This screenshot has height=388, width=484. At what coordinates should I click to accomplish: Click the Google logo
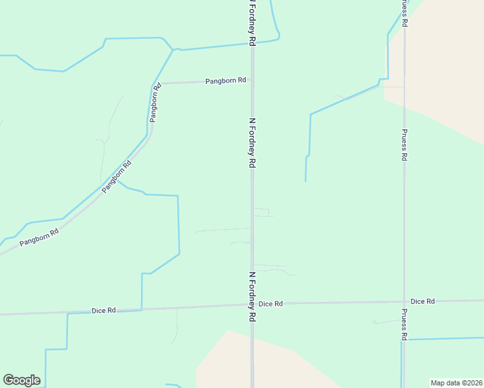point(21,380)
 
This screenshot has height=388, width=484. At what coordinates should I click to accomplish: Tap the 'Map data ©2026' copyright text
point(456,383)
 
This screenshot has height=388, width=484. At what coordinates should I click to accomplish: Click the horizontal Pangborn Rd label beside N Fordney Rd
point(226,81)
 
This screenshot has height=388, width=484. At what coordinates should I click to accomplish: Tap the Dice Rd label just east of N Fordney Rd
point(270,303)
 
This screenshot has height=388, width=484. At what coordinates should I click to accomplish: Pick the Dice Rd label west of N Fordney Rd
point(103,310)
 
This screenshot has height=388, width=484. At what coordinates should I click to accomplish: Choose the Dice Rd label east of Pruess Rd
point(423,301)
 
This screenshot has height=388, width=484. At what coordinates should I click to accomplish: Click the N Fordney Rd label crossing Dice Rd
point(252,297)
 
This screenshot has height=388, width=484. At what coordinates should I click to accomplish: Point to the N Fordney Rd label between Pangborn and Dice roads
point(252,144)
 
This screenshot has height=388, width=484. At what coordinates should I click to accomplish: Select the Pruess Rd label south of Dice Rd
point(404,324)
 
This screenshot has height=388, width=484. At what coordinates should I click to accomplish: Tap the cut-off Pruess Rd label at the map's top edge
point(404,13)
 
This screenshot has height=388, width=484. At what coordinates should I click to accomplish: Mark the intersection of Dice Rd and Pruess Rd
point(404,301)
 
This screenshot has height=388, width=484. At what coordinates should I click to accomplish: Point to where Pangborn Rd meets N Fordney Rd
point(252,82)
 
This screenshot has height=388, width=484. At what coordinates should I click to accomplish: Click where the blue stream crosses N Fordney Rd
point(252,43)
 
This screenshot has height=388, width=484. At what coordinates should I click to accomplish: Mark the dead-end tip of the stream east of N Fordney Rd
point(305,181)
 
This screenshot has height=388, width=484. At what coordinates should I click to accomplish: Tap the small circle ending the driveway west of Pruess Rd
point(374,321)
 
